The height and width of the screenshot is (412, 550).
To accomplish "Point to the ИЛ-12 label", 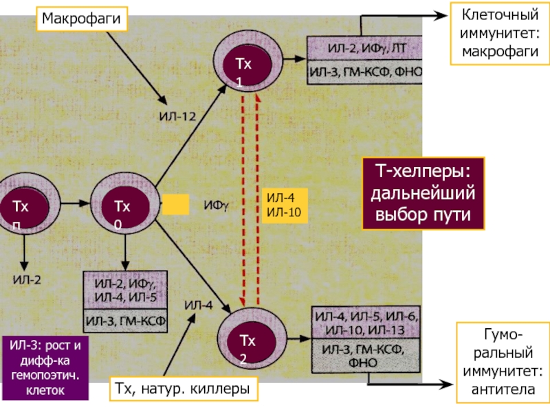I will point(178,117).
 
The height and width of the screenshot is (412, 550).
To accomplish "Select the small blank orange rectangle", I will point(175,205).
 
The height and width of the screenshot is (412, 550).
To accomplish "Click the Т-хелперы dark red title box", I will point(423,193).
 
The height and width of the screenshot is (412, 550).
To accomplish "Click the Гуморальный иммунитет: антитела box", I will point(499,363).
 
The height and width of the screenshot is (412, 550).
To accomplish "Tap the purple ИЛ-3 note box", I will point(45,367).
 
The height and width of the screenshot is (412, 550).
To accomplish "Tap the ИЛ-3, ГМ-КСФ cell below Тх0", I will point(125,320).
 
